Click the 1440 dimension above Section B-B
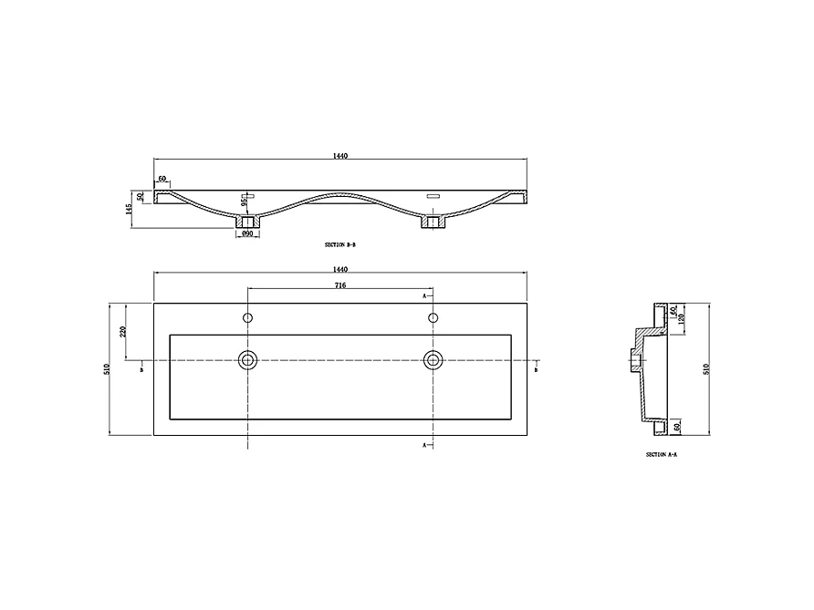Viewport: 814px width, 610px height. pyautogui.click(x=339, y=156)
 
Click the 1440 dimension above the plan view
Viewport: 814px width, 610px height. pyautogui.click(x=339, y=269)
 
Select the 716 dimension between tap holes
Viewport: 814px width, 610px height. pyautogui.click(x=339, y=285)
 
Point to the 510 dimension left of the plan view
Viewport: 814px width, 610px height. pyautogui.click(x=107, y=368)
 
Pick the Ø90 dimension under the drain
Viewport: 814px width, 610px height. pyautogui.click(x=246, y=234)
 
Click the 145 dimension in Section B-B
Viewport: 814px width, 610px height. pyautogui.click(x=131, y=209)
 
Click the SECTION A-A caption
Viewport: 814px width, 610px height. pyautogui.click(x=661, y=453)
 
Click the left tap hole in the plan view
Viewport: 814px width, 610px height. pyautogui.click(x=247, y=318)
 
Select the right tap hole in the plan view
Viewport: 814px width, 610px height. pyautogui.click(x=432, y=318)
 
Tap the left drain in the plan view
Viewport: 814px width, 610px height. pyautogui.click(x=247, y=359)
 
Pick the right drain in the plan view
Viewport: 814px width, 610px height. pyautogui.click(x=432, y=359)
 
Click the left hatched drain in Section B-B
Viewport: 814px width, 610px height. pyautogui.click(x=246, y=221)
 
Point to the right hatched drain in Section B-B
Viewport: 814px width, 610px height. pyautogui.click(x=432, y=221)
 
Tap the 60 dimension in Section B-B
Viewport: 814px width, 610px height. pyautogui.click(x=162, y=180)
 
